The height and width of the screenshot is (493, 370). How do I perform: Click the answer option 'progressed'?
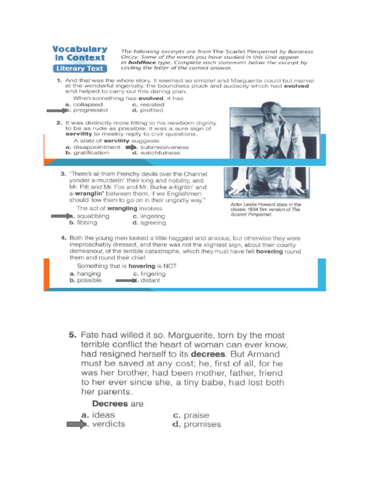pyautogui.click(x=90, y=110)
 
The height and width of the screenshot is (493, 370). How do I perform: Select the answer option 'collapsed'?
pyautogui.click(x=87, y=104)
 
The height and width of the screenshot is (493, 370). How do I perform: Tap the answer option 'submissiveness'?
pyautogui.click(x=164, y=147)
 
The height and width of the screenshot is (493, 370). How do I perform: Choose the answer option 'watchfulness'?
pyautogui.click(x=159, y=153)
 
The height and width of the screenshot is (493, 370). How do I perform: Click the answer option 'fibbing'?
pyautogui.click(x=86, y=223)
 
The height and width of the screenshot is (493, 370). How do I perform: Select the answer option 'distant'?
pyautogui.click(x=149, y=280)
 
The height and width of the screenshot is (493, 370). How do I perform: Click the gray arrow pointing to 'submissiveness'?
pyautogui.click(x=131, y=147)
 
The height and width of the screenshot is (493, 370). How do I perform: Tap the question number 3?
pyautogui.click(x=63, y=174)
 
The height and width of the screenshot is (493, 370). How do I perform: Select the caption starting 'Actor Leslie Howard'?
pyautogui.click(x=265, y=209)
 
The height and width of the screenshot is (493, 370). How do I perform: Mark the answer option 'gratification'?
pyautogui.click(x=90, y=153)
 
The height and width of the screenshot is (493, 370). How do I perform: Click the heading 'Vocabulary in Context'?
pyautogui.click(x=79, y=53)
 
